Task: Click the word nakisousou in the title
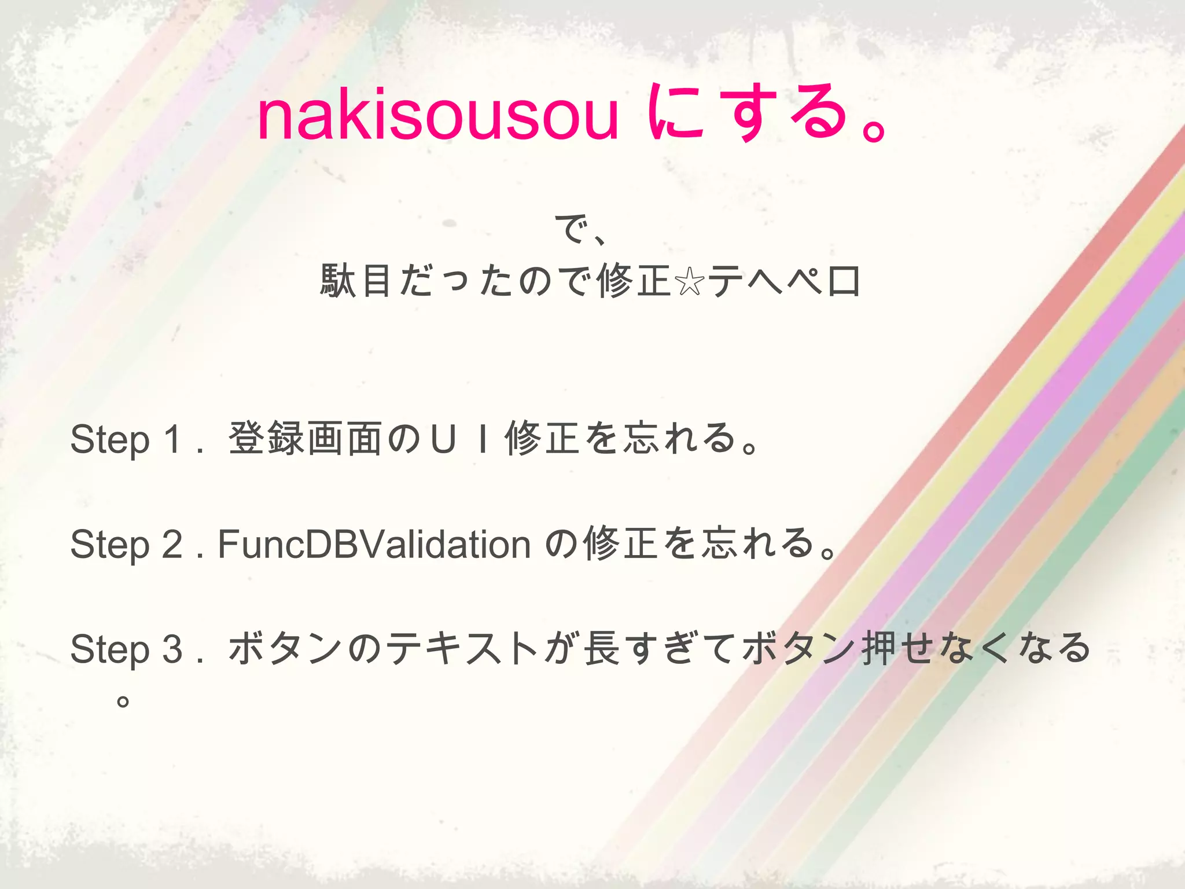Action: (x=438, y=116)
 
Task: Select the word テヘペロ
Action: (x=784, y=282)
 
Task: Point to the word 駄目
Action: (x=355, y=282)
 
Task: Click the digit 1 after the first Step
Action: (x=172, y=439)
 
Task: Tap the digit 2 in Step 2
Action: (x=172, y=544)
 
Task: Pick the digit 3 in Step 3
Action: (x=172, y=649)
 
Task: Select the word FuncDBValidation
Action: (x=374, y=544)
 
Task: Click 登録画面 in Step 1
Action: (x=305, y=439)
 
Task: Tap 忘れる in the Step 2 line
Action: (x=758, y=544)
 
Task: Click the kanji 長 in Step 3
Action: (x=602, y=649)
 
